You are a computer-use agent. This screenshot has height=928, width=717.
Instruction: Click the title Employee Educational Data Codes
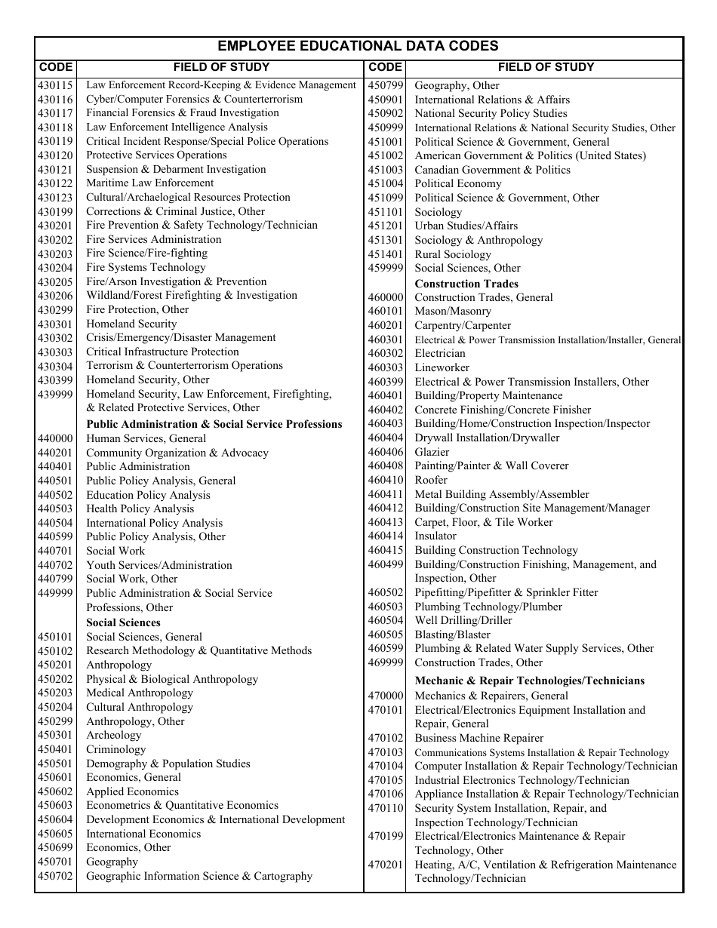click(358, 46)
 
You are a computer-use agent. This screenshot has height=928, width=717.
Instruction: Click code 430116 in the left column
click(55, 100)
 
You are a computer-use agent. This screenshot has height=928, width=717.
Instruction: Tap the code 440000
click(55, 438)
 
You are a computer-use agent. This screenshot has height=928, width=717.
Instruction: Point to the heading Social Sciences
click(123, 622)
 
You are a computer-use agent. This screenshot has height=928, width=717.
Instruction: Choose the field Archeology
click(113, 736)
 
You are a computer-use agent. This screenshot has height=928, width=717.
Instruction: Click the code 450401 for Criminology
click(55, 749)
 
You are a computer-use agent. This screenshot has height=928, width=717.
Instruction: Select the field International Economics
click(143, 834)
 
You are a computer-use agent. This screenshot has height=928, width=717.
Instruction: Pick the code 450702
click(55, 876)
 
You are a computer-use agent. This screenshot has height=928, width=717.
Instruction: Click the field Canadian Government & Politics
click(492, 170)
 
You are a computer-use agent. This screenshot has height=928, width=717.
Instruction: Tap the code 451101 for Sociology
click(386, 212)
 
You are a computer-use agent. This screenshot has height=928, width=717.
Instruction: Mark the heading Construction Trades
click(466, 284)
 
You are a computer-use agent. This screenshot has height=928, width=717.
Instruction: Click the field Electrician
click(440, 353)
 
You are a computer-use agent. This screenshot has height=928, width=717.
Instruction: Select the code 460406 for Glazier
click(386, 452)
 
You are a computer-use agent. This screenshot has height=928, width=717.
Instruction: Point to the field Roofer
click(431, 480)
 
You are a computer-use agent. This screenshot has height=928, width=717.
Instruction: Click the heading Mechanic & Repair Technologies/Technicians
click(530, 681)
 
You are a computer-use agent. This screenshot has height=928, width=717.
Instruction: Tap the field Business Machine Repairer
click(479, 738)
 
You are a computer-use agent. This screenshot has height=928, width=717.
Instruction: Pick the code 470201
click(386, 865)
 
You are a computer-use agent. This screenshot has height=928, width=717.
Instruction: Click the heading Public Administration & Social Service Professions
click(214, 424)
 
